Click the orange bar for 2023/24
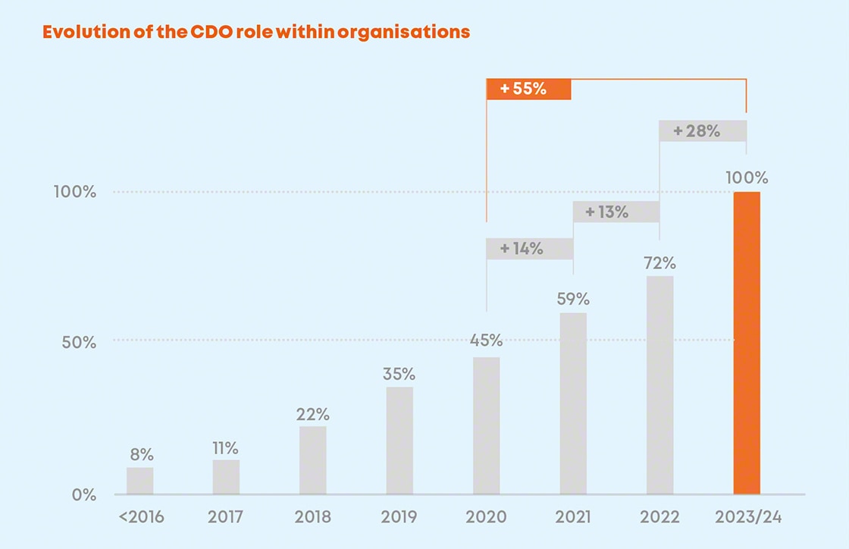[x=747, y=343]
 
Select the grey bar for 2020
[x=487, y=425]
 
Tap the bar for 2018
[x=313, y=460]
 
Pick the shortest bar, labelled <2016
[x=140, y=481]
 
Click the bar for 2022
[x=659, y=385]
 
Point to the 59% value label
[x=572, y=300]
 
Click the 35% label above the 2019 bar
[x=399, y=374]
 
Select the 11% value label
[x=226, y=447]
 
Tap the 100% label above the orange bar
[x=747, y=178]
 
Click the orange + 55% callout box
[x=528, y=88]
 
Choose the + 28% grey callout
[x=702, y=130]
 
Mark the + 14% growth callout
[x=529, y=248]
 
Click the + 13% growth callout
[x=616, y=212]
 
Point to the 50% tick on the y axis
[x=79, y=342]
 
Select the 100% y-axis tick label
[x=74, y=192]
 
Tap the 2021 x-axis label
[x=572, y=518]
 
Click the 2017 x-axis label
[x=226, y=518]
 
